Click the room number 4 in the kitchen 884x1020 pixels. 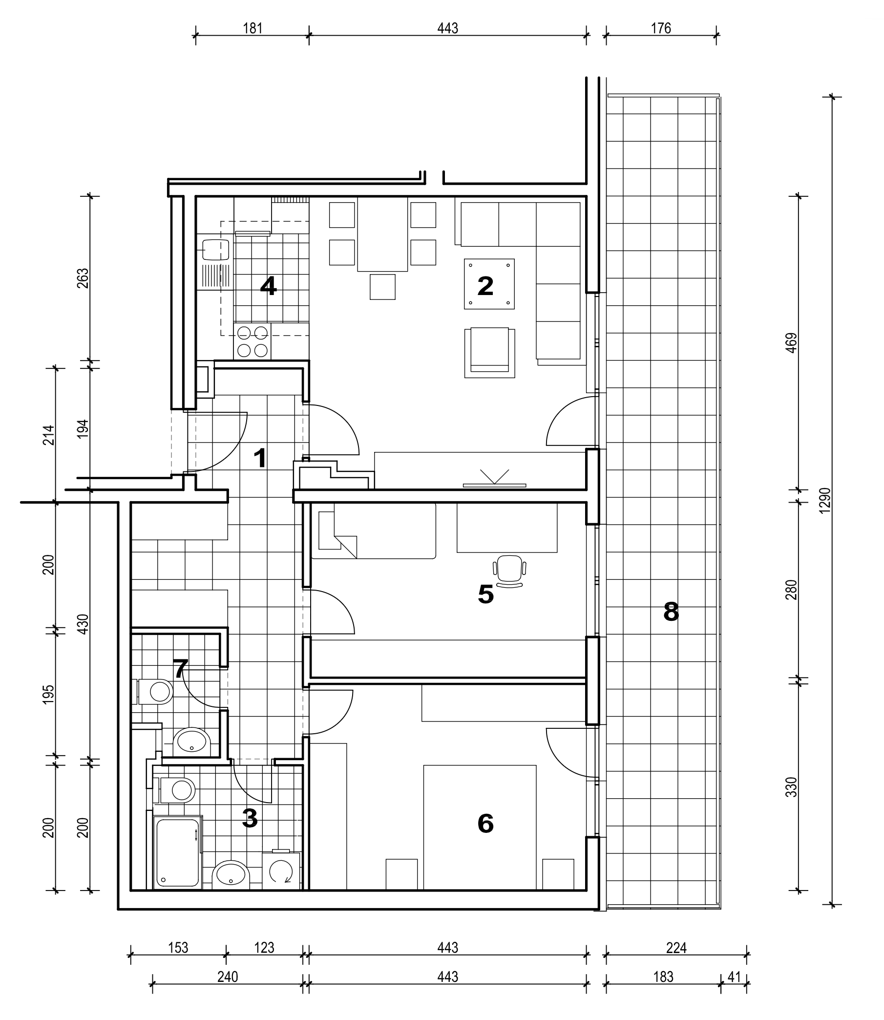[268, 286]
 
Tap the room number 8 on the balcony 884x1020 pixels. [671, 612]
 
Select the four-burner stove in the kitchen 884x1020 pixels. [252, 341]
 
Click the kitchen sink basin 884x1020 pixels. [216, 250]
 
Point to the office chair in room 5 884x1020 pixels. [509, 572]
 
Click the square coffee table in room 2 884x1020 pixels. [489, 284]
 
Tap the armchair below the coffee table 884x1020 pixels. [489, 353]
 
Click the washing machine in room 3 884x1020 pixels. [281, 870]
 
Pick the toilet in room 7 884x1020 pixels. [155, 691]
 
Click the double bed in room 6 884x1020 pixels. [480, 827]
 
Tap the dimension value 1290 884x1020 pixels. [825, 500]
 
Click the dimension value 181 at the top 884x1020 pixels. [252, 28]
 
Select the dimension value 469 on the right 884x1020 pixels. [791, 343]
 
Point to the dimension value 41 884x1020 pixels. [734, 977]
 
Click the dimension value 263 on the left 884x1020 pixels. [83, 278]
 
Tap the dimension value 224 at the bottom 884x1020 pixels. [676, 948]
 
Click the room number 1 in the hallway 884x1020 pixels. [259, 458]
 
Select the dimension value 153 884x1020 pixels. [178, 948]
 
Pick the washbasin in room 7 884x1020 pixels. [191, 741]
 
